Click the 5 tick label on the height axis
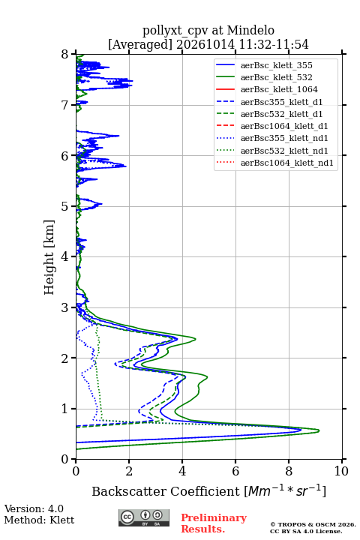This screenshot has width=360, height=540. [64, 206]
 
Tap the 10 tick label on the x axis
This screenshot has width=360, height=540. [341, 471]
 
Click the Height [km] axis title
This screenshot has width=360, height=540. [49, 257]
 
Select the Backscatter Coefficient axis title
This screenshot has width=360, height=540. [208, 491]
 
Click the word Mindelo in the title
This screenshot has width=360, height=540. [250, 30]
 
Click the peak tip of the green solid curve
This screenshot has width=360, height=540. [319, 430]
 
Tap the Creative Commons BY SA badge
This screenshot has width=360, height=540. [144, 517]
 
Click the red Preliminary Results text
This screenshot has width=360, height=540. [214, 523]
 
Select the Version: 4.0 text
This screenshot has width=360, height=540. [34, 508]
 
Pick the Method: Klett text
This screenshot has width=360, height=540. [39, 520]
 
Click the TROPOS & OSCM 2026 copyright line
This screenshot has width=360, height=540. [313, 524]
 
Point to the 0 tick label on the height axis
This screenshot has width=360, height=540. [64, 460]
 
